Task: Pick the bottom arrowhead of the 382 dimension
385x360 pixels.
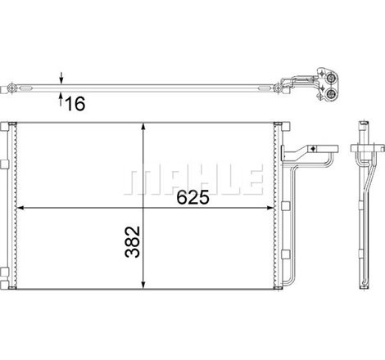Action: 144,284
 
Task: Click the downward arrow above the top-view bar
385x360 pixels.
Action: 62,79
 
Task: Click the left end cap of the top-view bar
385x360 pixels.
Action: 10,86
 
